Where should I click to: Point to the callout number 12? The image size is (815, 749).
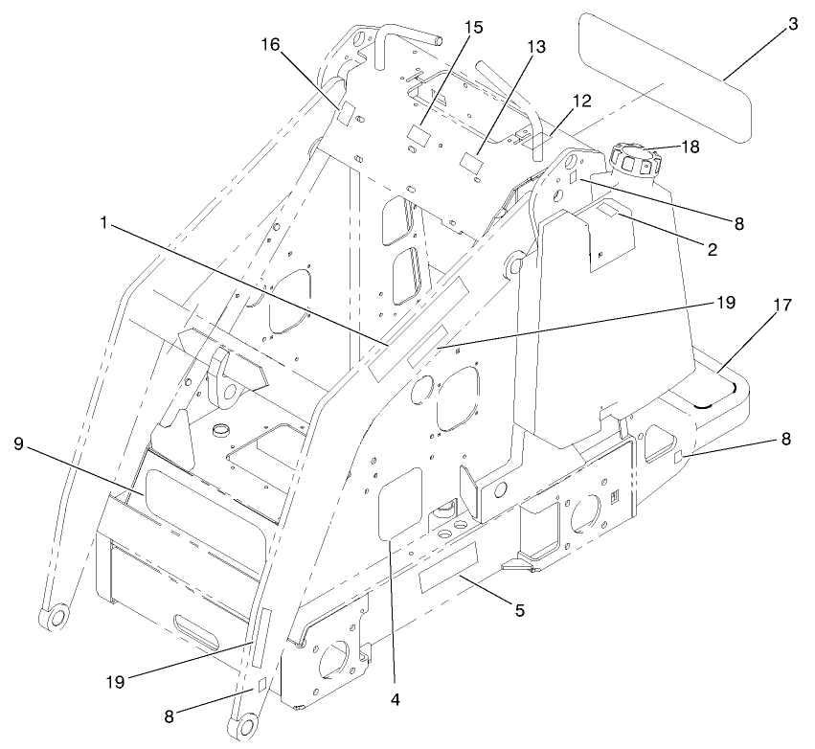pos(582,99)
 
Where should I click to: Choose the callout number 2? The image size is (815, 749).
pos(713,247)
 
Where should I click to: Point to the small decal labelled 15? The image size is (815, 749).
pos(417,134)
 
